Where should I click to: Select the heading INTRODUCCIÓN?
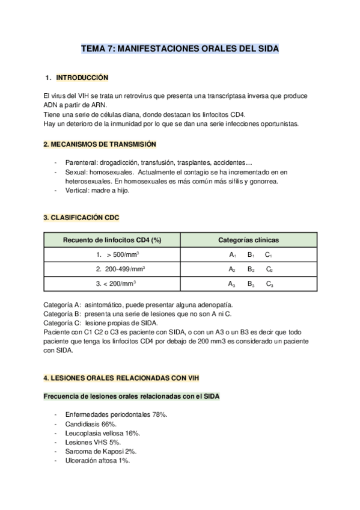click(x=82, y=78)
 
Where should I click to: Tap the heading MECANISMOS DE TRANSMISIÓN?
click(x=100, y=144)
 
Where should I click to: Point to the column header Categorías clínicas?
click(x=248, y=240)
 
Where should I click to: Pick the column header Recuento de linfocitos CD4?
click(x=112, y=240)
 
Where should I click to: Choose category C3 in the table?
click(x=269, y=283)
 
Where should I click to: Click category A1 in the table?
click(x=232, y=255)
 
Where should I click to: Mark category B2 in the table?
click(x=251, y=269)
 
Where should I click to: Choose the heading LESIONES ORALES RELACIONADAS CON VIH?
click(x=122, y=377)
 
